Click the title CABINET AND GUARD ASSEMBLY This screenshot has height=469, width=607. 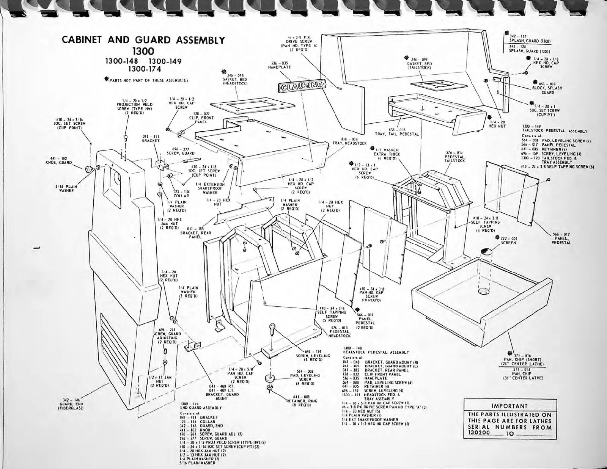click(x=143, y=40)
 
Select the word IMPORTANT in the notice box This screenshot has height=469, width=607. click(x=509, y=406)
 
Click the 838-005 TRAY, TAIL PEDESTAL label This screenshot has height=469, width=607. click(x=396, y=132)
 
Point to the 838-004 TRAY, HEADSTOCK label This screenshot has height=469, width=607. click(x=349, y=141)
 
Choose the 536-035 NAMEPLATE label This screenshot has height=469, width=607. click(x=280, y=65)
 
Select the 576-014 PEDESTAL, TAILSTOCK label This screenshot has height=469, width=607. click(x=454, y=157)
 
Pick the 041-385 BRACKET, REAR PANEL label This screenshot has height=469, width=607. click(x=196, y=232)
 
